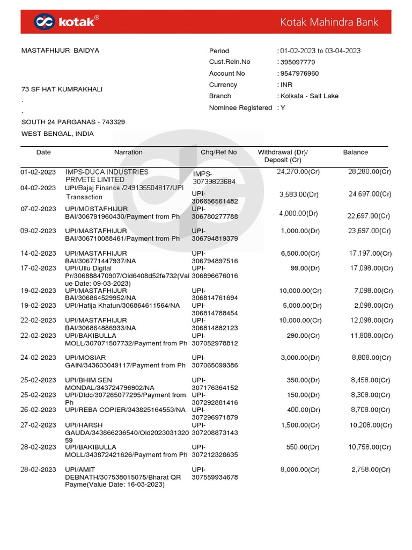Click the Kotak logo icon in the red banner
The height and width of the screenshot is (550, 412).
(x=44, y=21)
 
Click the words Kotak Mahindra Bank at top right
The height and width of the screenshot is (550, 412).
(x=329, y=22)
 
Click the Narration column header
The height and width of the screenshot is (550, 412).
(x=128, y=153)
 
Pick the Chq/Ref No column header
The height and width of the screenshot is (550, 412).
(x=218, y=153)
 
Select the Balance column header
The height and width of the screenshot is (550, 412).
(x=355, y=153)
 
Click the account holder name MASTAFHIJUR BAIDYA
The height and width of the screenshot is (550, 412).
(x=60, y=50)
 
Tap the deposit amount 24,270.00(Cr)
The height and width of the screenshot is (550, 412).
(x=298, y=172)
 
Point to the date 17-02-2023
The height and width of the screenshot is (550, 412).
(x=38, y=268)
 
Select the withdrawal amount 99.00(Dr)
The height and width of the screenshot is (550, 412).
(x=305, y=268)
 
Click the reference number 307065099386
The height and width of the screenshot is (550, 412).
(x=215, y=365)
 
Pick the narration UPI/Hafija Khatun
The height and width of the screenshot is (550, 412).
(x=122, y=306)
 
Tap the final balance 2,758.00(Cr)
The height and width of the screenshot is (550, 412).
(x=371, y=469)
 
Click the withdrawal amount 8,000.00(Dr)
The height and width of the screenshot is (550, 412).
(x=300, y=469)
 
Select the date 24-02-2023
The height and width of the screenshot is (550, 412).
(x=38, y=358)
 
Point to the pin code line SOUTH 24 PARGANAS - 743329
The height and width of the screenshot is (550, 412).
(x=73, y=122)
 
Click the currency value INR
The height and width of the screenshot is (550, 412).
(x=286, y=85)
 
